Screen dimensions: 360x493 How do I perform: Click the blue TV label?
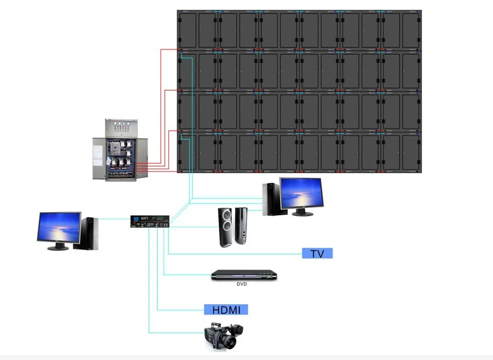(317, 253)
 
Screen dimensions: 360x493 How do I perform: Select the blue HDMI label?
(226, 310)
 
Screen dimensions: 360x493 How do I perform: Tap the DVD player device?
(239, 275)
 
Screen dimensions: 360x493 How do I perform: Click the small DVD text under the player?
(242, 284)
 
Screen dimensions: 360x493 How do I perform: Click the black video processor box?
(150, 222)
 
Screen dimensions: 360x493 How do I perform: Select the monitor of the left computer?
(59, 228)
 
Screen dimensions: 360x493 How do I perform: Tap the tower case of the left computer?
(90, 233)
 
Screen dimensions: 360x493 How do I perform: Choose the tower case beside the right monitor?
(271, 198)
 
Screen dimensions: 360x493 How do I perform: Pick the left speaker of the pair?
(226, 228)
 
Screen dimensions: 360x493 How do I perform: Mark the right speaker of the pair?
(242, 227)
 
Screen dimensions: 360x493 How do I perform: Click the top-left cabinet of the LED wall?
(197, 30)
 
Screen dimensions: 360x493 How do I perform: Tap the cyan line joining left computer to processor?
(114, 219)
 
